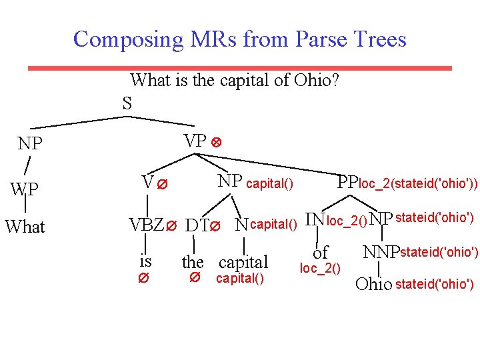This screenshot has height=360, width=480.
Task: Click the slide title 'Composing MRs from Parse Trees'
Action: click(239, 39)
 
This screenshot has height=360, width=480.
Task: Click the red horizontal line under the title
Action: click(239, 68)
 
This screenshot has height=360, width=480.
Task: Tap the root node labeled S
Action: click(127, 103)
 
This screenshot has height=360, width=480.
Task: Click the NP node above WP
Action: click(30, 144)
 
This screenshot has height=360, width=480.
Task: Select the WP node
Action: click(25, 190)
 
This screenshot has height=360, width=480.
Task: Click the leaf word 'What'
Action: click(25, 227)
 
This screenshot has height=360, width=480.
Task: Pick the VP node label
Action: click(195, 141)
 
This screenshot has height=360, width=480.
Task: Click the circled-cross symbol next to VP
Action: click(215, 143)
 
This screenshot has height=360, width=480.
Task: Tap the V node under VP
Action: click(148, 181)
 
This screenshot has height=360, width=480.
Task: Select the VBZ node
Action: click(145, 225)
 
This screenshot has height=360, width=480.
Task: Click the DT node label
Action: click(196, 226)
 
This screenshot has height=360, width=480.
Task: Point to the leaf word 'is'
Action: click(145, 260)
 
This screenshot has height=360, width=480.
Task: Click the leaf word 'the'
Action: click(193, 262)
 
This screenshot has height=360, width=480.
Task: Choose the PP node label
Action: click(348, 182)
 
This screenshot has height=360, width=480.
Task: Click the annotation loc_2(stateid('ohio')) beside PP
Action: click(418, 183)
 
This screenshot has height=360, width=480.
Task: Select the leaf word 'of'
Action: click(320, 253)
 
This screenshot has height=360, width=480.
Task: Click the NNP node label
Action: click(380, 253)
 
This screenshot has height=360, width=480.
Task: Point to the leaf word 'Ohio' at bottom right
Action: click(374, 285)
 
